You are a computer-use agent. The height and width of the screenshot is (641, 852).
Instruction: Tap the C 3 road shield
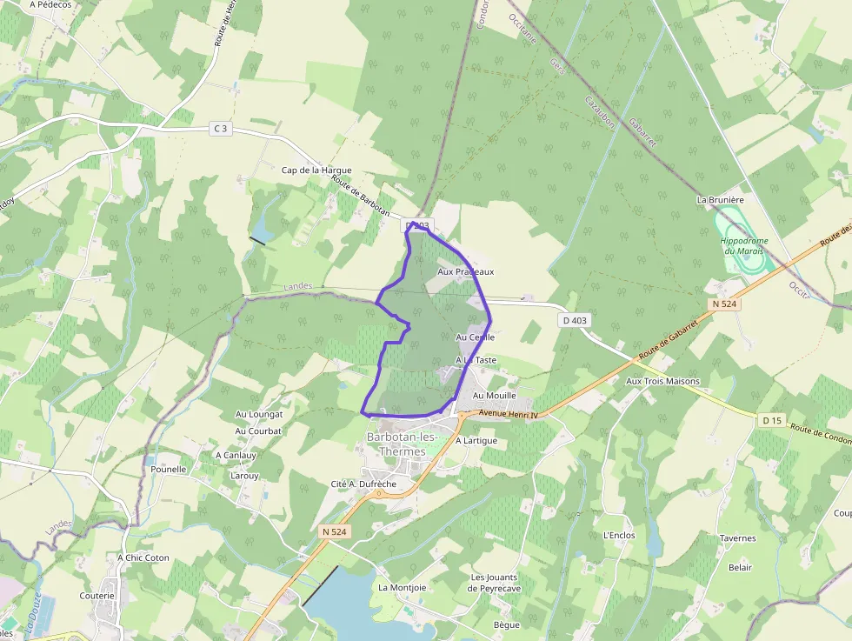(x=221, y=129)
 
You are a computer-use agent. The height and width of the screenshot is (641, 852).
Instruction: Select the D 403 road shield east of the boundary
(x=574, y=320)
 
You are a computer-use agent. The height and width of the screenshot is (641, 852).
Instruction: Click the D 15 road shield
(x=772, y=421)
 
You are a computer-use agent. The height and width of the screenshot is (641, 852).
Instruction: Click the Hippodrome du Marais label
(x=744, y=245)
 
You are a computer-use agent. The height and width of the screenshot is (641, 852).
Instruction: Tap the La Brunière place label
(x=721, y=199)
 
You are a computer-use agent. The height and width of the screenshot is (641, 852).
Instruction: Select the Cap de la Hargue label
(x=316, y=170)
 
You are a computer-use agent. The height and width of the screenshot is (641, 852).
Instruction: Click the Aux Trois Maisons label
(x=662, y=381)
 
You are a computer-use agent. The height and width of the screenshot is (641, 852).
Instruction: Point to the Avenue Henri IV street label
(x=509, y=415)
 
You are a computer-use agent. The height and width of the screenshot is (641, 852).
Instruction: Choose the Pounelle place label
(x=169, y=469)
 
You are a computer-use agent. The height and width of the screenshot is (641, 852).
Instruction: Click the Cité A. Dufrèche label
(x=363, y=484)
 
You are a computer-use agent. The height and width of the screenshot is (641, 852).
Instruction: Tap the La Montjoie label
(x=402, y=587)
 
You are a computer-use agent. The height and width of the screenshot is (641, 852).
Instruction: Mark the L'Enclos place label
(x=618, y=535)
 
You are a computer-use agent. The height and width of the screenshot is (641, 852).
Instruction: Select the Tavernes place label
(x=737, y=538)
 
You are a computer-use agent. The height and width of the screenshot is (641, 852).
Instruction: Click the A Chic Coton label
(x=143, y=558)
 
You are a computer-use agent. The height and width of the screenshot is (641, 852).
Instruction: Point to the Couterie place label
(x=97, y=596)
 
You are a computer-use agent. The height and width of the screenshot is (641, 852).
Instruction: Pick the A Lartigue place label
(x=476, y=440)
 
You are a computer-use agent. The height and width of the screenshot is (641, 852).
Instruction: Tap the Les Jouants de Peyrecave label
(x=496, y=583)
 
